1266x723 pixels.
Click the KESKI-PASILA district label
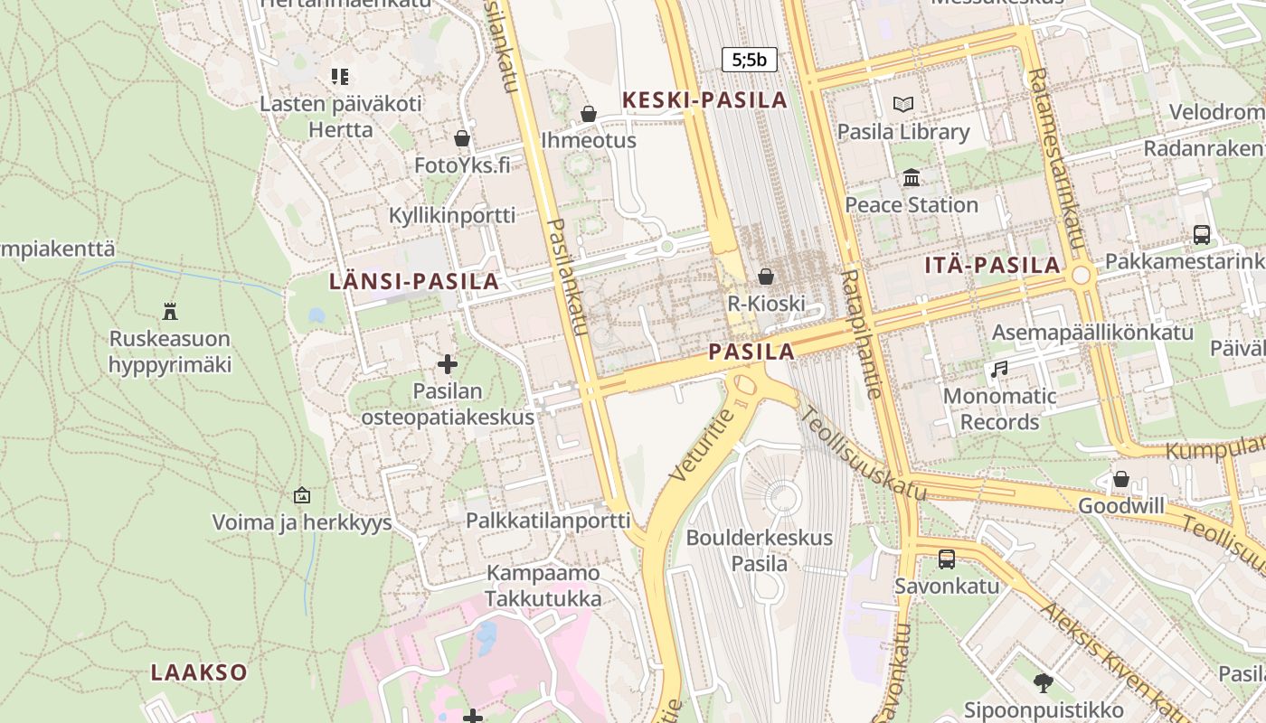pyautogui.click(x=705, y=100)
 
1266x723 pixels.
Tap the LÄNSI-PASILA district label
pyautogui.click(x=414, y=281)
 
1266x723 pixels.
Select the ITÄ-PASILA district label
pyautogui.click(x=992, y=266)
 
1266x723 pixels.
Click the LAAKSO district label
pyautogui.click(x=199, y=672)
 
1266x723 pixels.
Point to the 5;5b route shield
pyautogui.click(x=749, y=61)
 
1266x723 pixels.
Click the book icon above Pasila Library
pyautogui.click(x=902, y=105)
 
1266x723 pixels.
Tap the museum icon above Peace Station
pyautogui.click(x=911, y=177)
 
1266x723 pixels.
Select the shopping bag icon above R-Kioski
pyautogui.click(x=766, y=277)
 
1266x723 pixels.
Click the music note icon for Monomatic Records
pyautogui.click(x=999, y=369)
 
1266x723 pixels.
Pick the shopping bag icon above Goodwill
pyautogui.click(x=1121, y=479)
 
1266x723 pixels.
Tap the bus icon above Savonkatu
pyautogui.click(x=947, y=559)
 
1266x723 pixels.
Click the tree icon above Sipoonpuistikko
pyautogui.click(x=1043, y=682)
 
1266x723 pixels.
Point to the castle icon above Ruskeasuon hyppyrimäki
pyautogui.click(x=169, y=312)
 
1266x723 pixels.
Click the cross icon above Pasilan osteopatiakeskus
pyautogui.click(x=448, y=364)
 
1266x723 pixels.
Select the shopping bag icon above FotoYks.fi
pyautogui.click(x=462, y=138)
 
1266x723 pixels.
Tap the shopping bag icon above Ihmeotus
pyautogui.click(x=589, y=114)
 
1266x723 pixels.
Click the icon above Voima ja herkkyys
pyautogui.click(x=302, y=495)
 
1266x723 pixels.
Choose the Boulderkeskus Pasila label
pyautogui.click(x=759, y=550)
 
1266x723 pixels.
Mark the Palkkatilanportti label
pyautogui.click(x=548, y=521)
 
